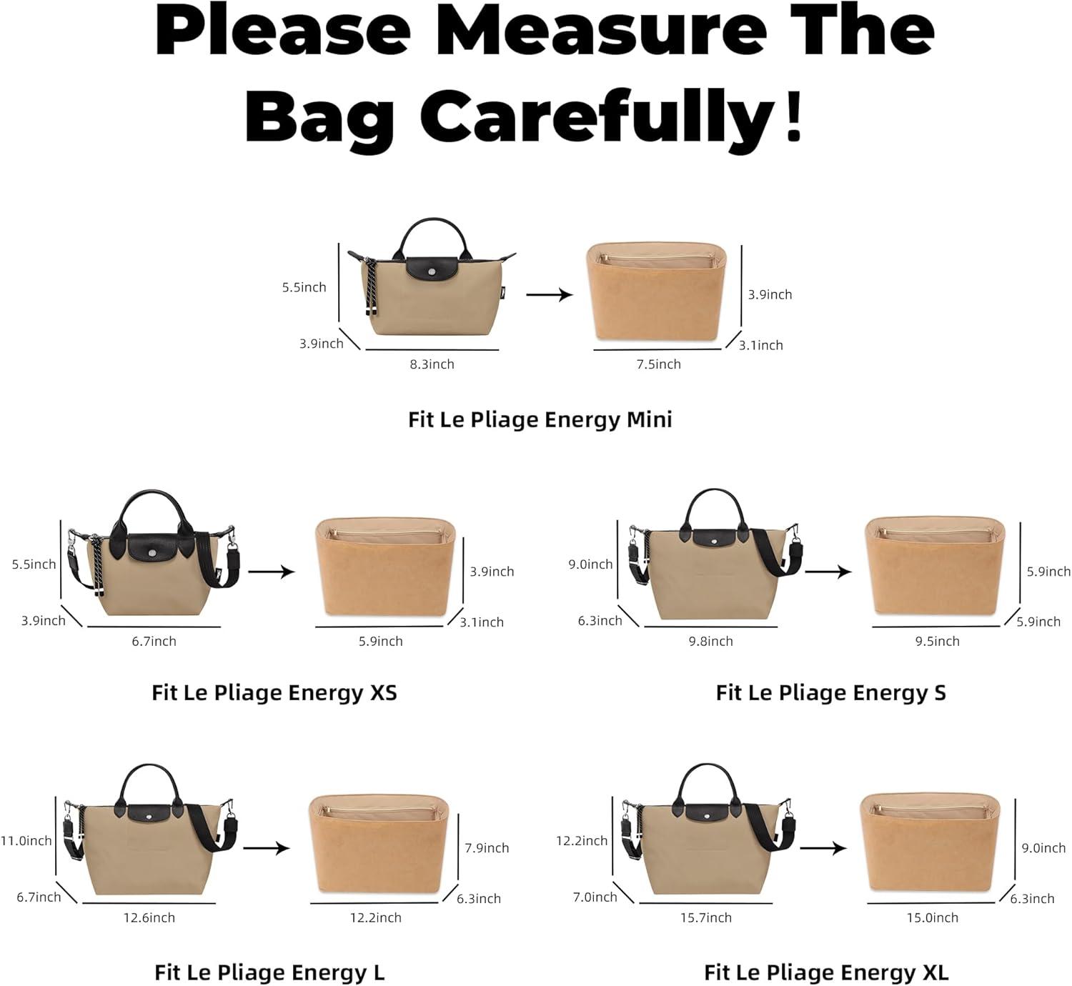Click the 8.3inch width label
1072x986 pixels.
pyautogui.click(x=432, y=364)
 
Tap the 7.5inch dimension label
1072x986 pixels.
pyautogui.click(x=658, y=364)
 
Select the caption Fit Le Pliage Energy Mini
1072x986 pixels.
pyautogui.click(x=540, y=419)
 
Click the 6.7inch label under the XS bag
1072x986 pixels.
pyautogui.click(x=154, y=641)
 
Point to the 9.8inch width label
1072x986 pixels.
pyautogui.click(x=711, y=641)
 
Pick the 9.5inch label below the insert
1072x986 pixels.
pyautogui.click(x=938, y=641)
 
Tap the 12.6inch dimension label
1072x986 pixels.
pyautogui.click(x=149, y=917)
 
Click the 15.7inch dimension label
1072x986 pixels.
pyautogui.click(x=706, y=917)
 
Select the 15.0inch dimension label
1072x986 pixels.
pyautogui.click(x=933, y=917)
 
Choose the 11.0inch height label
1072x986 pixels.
pyautogui.click(x=26, y=841)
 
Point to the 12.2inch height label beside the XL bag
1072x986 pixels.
pyautogui.click(x=582, y=841)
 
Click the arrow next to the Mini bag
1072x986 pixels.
pyautogui.click(x=550, y=294)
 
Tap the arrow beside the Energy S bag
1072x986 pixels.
pyautogui.click(x=828, y=572)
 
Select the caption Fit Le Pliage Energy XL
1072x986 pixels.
pyautogui.click(x=826, y=972)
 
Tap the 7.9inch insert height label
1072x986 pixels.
pyautogui.click(x=487, y=847)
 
